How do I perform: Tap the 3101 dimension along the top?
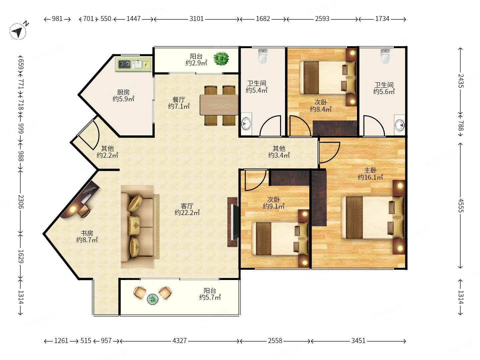click(x=196, y=19)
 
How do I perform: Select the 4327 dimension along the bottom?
click(x=180, y=341)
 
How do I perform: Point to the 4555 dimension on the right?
click(x=461, y=205)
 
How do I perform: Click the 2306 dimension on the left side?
click(x=21, y=202)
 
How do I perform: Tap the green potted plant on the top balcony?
click(x=221, y=59)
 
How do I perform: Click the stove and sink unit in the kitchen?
click(x=133, y=64)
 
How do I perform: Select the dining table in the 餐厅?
click(x=219, y=105)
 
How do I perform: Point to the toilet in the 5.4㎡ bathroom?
click(x=263, y=56)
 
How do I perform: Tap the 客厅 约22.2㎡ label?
click(x=187, y=209)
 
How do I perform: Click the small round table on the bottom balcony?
click(x=153, y=299)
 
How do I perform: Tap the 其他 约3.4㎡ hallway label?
click(x=279, y=152)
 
